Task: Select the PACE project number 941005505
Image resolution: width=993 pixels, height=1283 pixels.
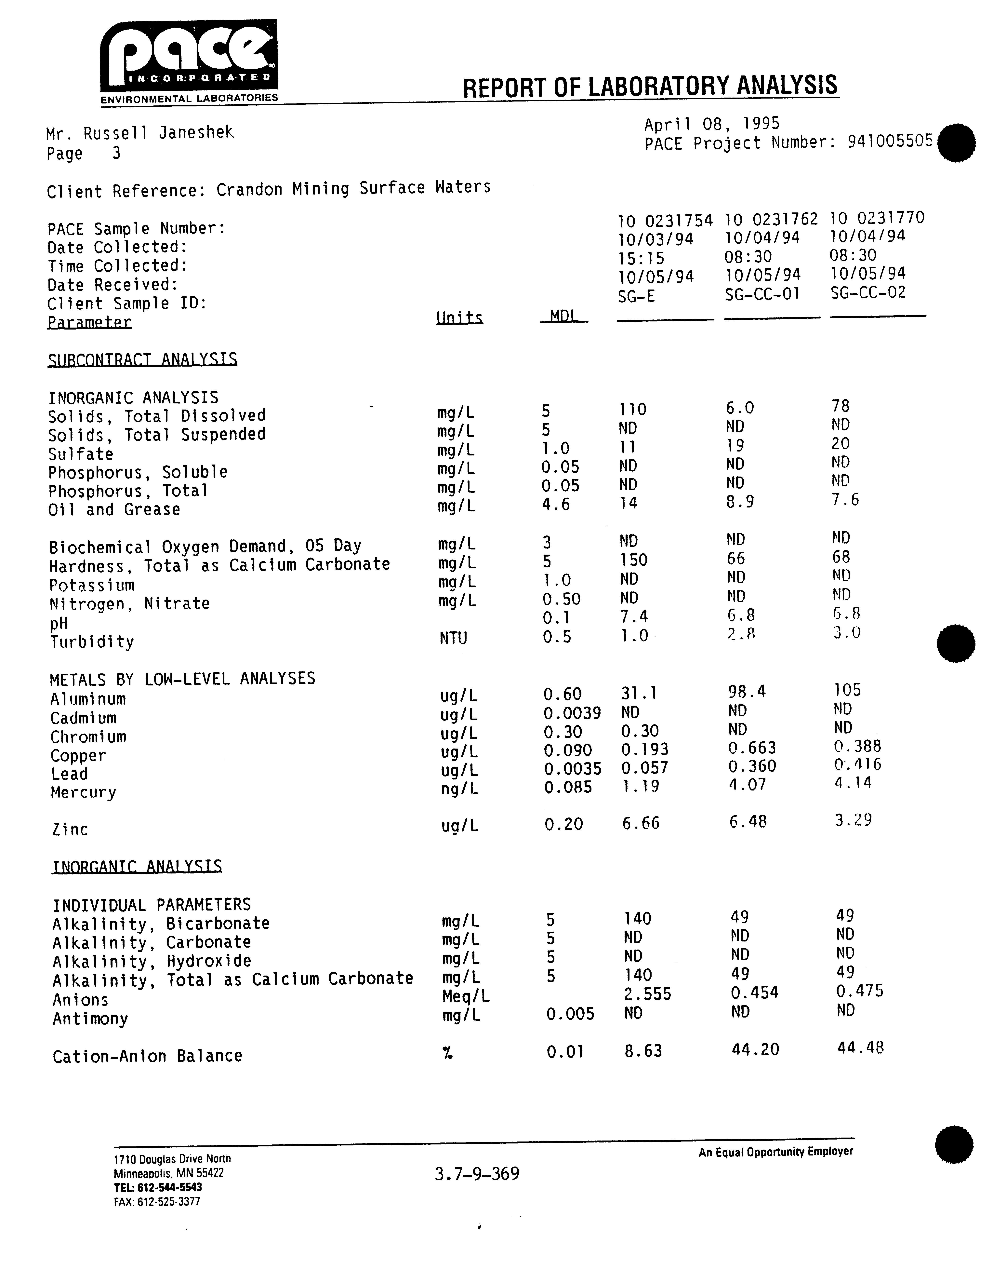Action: (890, 141)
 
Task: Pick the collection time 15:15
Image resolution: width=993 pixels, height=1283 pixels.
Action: (641, 259)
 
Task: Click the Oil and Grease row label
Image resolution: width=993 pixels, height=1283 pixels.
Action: (114, 509)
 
